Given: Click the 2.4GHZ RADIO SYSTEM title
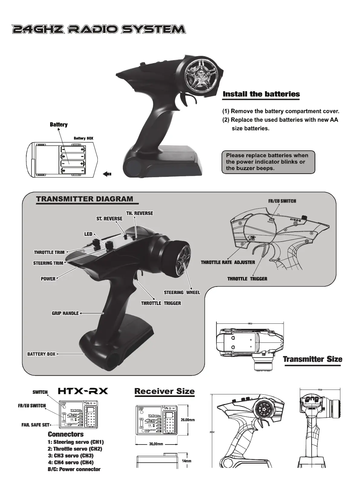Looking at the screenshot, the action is coord(98,29).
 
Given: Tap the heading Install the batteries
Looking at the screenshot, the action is coord(261,94).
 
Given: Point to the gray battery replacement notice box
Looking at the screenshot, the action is coord(268,162).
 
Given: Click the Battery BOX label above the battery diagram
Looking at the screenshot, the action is coord(83,138).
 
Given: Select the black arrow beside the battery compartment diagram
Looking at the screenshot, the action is coord(107,174).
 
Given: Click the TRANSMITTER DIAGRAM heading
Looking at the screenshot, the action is coord(85,199).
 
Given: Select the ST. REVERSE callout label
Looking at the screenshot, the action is coord(109,219).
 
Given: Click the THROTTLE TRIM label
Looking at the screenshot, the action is coord(49,252).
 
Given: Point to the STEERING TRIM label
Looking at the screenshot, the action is coord(48,263).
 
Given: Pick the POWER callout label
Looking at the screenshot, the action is coord(48,279).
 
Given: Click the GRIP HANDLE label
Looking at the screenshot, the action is coord(65,313).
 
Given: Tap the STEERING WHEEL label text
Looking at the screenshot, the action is coord(182,292).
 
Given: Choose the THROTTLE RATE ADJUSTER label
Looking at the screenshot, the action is coord(228,262).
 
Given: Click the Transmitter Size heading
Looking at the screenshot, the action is coord(313,359).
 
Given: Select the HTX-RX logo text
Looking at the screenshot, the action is coord(83,391).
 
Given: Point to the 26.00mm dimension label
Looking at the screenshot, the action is coord(187,420).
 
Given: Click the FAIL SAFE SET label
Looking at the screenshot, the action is coord(35,425).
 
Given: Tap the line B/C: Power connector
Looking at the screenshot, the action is coord(74,469).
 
